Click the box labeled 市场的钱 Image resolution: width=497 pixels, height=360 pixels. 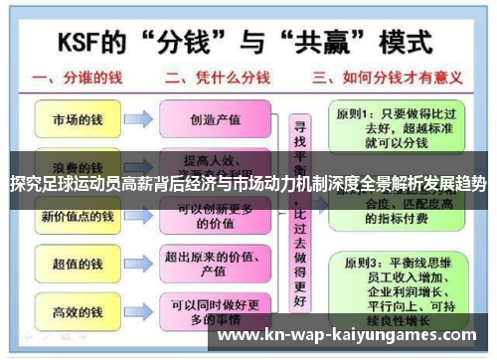point(76,119)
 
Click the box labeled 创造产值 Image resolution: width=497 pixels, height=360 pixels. point(217,119)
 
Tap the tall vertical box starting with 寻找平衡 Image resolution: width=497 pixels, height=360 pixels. point(297,214)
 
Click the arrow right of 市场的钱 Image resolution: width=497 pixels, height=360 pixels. point(138,119)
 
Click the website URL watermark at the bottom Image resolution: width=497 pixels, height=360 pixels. point(347,335)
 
